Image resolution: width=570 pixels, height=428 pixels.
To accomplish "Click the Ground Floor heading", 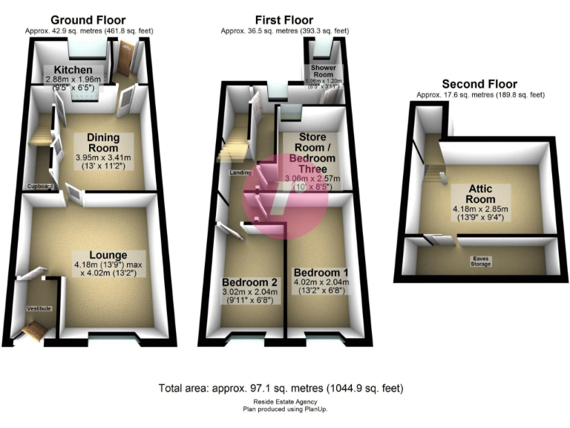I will pyautogui.click(x=88, y=20).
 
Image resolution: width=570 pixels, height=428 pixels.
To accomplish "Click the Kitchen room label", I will pyautogui.click(x=68, y=69).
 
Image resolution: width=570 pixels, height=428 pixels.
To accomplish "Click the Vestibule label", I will pyautogui.click(x=38, y=308).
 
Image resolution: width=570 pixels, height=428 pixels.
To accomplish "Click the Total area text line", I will pyautogui.click(x=281, y=389).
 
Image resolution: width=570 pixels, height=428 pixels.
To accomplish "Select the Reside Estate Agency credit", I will pyautogui.click(x=284, y=402).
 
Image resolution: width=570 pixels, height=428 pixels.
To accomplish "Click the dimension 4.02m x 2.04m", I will pyautogui.click(x=321, y=283).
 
